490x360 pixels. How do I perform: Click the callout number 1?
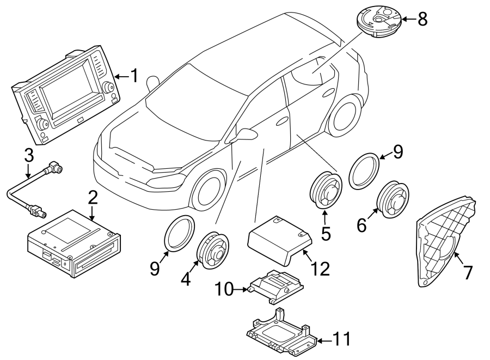click(x=133, y=76)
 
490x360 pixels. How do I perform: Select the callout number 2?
click(x=93, y=197)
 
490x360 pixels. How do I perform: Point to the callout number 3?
click(x=28, y=155)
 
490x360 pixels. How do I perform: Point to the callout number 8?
click(x=422, y=20)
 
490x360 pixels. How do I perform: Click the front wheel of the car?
click(x=209, y=191)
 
